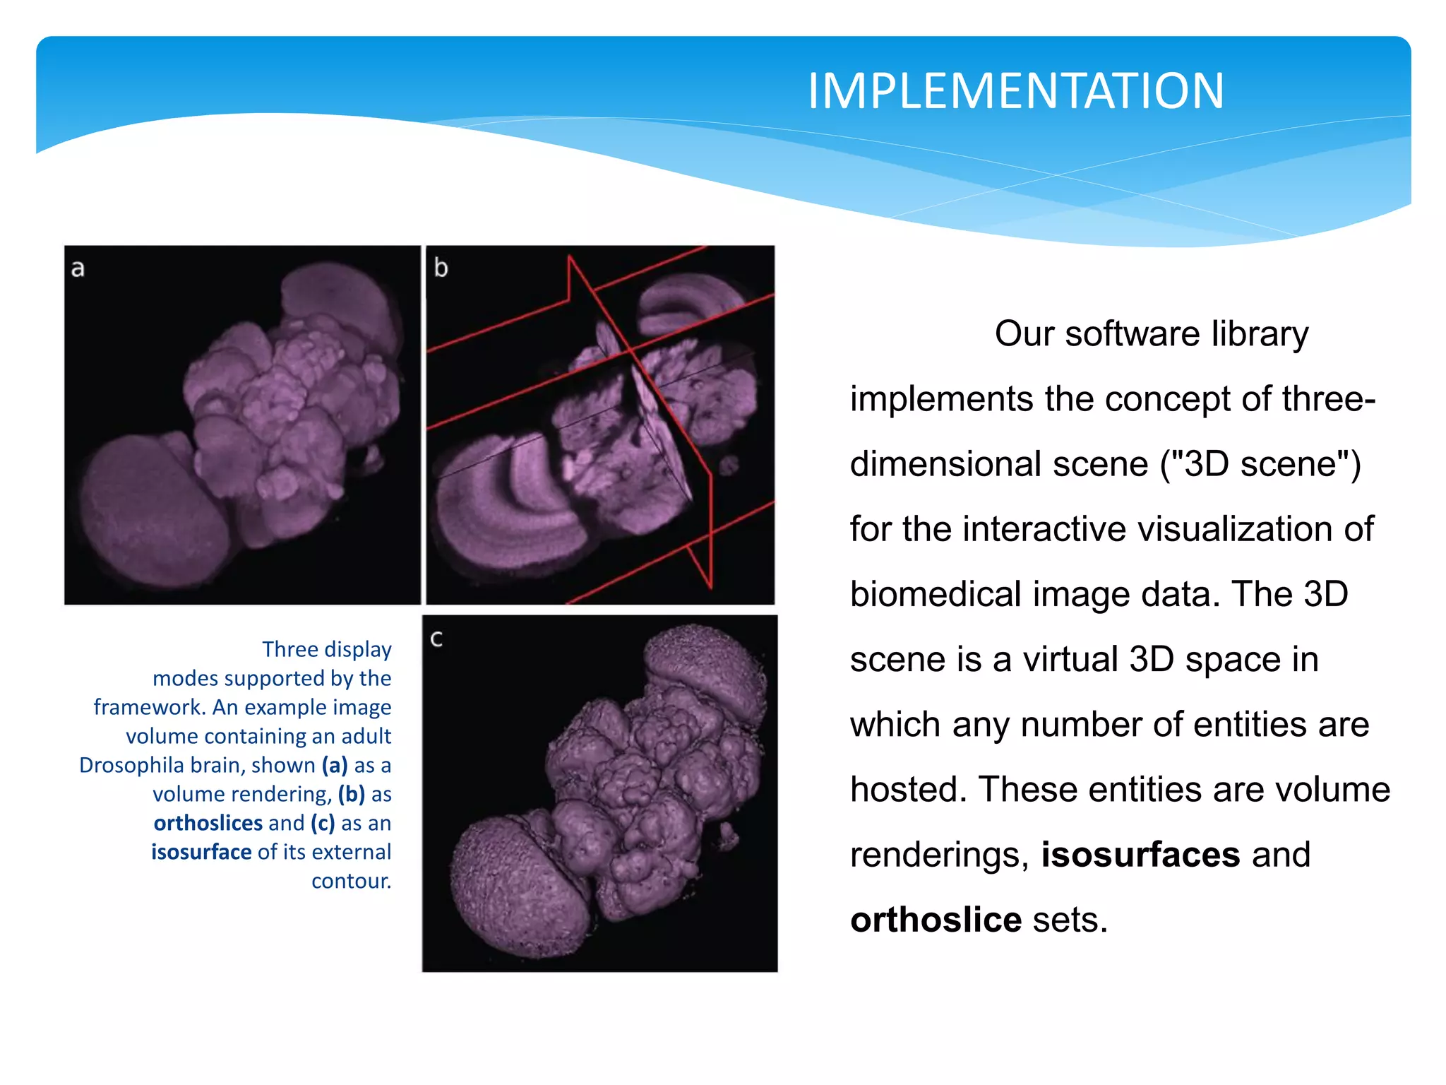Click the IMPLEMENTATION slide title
[x=1015, y=91]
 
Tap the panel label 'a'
[x=78, y=269]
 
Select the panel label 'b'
[x=441, y=268]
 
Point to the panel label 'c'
[x=436, y=639]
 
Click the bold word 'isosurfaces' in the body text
[x=1140, y=854]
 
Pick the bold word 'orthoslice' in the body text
[x=936, y=919]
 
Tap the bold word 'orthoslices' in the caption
[x=208, y=823]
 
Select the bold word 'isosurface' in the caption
[x=201, y=852]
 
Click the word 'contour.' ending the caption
[x=351, y=881]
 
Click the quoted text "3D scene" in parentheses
[x=1260, y=464]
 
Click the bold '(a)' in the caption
[x=335, y=765]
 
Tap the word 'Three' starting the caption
[x=286, y=649]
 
